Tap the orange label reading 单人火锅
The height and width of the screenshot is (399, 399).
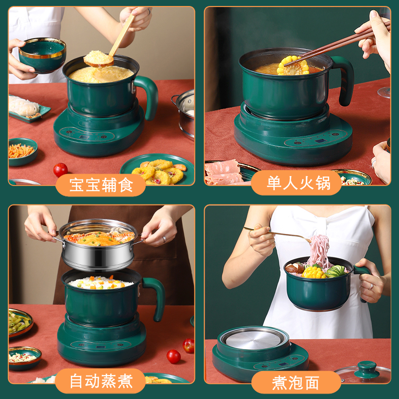point(298,183)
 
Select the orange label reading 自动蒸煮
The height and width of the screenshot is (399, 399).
point(101,382)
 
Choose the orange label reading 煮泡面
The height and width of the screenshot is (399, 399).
point(295,383)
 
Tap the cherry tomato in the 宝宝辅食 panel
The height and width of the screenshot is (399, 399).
point(60,170)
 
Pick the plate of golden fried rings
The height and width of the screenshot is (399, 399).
point(157,172)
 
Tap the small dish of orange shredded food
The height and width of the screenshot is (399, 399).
point(22,151)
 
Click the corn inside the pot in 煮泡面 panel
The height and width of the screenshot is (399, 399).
point(313,272)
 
